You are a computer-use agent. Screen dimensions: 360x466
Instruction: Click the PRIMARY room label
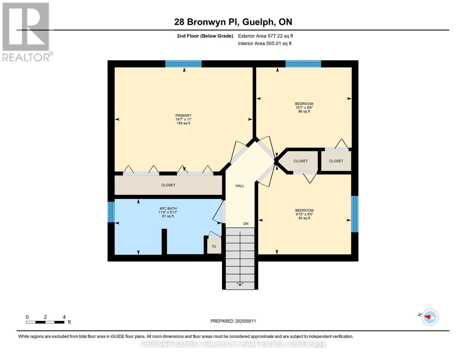click(x=183, y=115)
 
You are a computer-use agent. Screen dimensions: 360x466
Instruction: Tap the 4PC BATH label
click(x=168, y=208)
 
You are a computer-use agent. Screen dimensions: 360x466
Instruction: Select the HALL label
click(x=240, y=186)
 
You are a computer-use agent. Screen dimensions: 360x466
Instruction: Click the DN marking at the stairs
click(x=246, y=224)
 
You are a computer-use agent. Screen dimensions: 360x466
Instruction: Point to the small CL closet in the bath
click(x=214, y=246)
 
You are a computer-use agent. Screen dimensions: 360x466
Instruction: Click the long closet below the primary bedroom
click(x=168, y=185)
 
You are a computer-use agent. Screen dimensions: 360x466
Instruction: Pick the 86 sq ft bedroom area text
click(x=304, y=112)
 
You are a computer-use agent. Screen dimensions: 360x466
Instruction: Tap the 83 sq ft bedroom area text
click(x=304, y=218)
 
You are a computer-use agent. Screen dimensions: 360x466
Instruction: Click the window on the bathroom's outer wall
click(x=111, y=212)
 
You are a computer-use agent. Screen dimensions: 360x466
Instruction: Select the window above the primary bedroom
click(x=183, y=64)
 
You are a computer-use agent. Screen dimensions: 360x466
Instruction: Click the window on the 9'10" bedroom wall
click(x=355, y=214)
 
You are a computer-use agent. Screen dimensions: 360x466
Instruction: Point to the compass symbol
click(x=430, y=317)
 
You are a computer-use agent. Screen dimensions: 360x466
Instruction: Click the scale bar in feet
click(x=45, y=322)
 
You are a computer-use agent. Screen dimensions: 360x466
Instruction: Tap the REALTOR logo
click(x=26, y=31)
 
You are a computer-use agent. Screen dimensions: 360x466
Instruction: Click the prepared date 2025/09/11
click(x=233, y=321)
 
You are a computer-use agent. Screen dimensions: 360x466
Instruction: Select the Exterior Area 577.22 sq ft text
click(x=265, y=36)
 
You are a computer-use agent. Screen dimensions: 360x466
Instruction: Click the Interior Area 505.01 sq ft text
click(x=265, y=43)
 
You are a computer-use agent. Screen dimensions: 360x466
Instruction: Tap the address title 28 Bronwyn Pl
click(x=233, y=22)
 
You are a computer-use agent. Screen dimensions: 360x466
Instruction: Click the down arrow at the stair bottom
click(x=240, y=284)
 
